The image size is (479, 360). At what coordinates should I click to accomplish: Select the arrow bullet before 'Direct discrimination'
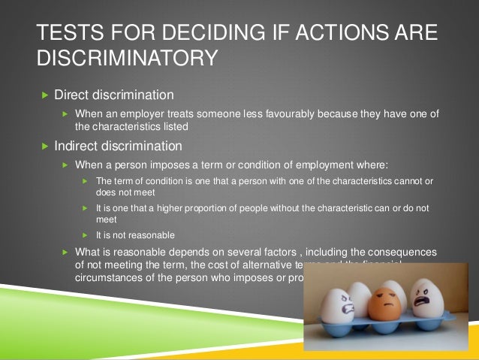tap(44, 95)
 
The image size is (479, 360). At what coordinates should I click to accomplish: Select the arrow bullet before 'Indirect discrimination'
tap(44, 145)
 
